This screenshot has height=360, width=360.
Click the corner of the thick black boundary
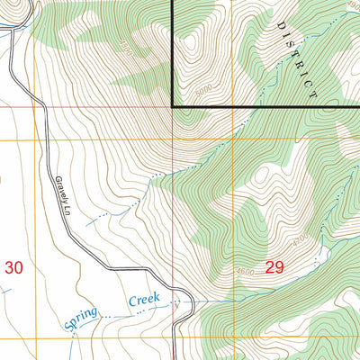pyautogui.click(x=172, y=107)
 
